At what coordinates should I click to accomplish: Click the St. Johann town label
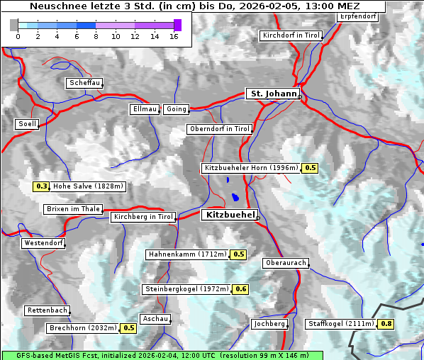(273, 94)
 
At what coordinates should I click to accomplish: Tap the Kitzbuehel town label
(229, 215)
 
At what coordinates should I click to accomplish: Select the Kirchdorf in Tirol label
(291, 35)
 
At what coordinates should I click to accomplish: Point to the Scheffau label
(84, 83)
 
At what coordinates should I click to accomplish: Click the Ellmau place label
(145, 109)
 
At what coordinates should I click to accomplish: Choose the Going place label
(176, 109)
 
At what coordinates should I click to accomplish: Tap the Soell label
(27, 124)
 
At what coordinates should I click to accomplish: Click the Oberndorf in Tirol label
(220, 129)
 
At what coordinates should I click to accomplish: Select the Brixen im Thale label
(73, 209)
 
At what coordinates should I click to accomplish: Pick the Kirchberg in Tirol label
(143, 217)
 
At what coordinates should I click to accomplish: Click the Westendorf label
(43, 243)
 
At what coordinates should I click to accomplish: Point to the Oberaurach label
(285, 263)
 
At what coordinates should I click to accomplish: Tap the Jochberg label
(269, 324)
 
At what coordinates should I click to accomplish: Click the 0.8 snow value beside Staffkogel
(386, 324)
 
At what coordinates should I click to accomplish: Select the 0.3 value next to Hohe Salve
(42, 187)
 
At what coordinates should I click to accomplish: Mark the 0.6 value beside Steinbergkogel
(241, 289)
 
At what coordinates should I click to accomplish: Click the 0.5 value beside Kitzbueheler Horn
(311, 168)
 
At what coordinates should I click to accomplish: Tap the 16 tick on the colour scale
(174, 36)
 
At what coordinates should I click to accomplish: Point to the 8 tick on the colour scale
(96, 36)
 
